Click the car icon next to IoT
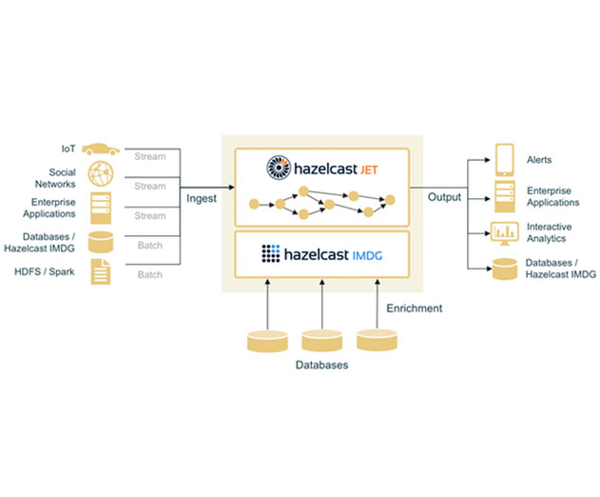(x=101, y=149)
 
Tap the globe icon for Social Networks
(x=101, y=173)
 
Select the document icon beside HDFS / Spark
(x=101, y=271)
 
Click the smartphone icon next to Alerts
(x=504, y=160)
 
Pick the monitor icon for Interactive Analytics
(x=504, y=233)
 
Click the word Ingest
(x=202, y=198)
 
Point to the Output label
(x=444, y=197)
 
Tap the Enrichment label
(x=414, y=308)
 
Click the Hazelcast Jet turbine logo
(x=279, y=168)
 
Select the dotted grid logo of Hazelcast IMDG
(x=271, y=253)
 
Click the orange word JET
(x=369, y=169)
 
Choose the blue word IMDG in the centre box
(x=367, y=255)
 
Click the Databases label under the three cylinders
(x=321, y=365)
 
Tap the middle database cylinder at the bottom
(x=321, y=341)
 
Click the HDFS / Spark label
(x=45, y=271)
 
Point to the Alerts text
(x=539, y=160)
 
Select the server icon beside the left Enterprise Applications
(x=101, y=209)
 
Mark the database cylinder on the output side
(x=505, y=268)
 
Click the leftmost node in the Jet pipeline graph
(x=254, y=205)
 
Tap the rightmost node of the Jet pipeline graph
(x=390, y=200)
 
